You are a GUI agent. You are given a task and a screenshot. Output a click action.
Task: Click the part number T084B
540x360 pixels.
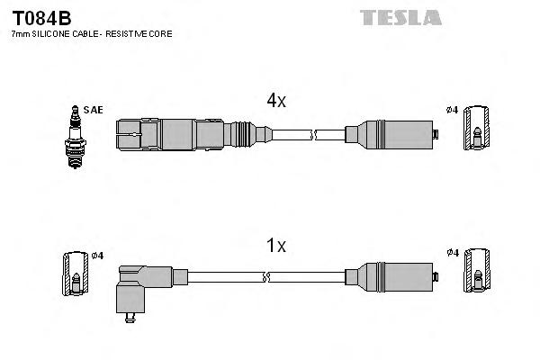pos(41,17)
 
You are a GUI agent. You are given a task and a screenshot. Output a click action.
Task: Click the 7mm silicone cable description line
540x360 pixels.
pos(91,33)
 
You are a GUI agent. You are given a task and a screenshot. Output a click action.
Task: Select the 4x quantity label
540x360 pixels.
pos(275,101)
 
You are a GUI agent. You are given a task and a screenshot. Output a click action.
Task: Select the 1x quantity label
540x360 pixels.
pos(275,245)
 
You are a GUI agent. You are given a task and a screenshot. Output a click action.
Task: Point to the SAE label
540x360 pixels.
pos(94,110)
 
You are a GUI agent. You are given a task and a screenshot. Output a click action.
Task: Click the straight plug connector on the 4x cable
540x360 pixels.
pos(180,135)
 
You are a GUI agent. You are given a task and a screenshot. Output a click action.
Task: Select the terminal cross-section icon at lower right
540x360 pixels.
pos(478,270)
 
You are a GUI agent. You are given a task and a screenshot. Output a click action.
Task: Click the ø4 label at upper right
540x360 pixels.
pos(452,110)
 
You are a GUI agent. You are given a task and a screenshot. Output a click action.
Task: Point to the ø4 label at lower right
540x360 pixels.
pos(452,253)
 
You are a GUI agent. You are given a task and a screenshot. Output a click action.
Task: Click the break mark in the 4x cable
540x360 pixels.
pos(315,135)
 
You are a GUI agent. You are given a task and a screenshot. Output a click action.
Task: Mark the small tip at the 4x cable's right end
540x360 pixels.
pos(435,135)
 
